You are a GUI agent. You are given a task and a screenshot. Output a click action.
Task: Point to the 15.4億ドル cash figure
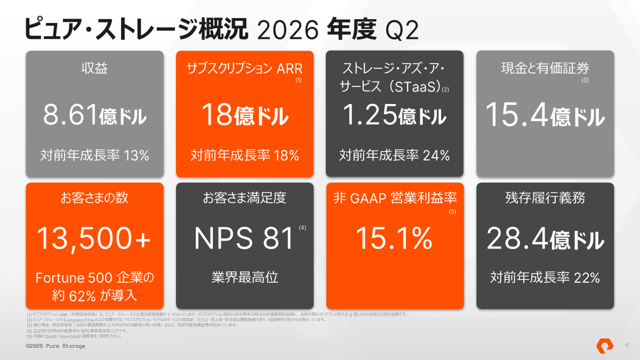[545, 115]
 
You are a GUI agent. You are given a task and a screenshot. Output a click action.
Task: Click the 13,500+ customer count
[94, 238]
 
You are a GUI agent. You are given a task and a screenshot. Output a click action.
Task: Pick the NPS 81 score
[244, 238]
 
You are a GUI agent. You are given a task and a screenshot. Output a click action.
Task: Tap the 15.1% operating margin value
[394, 238]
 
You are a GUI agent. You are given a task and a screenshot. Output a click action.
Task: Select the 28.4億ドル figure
[545, 238]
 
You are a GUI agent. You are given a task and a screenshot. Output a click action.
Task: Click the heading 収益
[94, 68]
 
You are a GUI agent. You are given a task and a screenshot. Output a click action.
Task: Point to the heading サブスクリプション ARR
[245, 68]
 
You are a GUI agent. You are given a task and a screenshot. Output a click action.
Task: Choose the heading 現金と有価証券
[545, 68]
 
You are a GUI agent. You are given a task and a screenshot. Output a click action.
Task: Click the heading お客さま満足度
[245, 198]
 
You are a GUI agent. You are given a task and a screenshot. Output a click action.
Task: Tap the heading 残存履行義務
[545, 198]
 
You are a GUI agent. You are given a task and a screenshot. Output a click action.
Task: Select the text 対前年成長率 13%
[94, 155]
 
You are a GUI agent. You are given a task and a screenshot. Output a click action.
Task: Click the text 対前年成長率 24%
[395, 155]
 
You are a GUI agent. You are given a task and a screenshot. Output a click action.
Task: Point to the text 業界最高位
[245, 277]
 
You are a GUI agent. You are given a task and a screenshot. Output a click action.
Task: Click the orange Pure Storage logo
[605, 346]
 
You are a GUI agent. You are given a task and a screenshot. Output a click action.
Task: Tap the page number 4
[627, 345]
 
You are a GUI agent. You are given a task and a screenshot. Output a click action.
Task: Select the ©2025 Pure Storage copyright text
[55, 346]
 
